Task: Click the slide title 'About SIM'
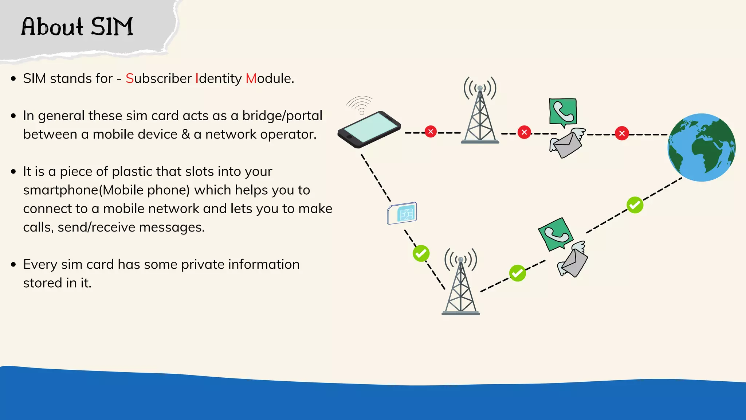point(77,27)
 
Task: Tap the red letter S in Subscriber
point(130,78)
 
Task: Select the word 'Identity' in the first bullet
point(219,79)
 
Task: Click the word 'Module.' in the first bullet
point(270,78)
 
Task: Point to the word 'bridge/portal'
point(282,116)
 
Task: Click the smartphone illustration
point(369,129)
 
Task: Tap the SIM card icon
point(402,213)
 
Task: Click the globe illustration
point(701,147)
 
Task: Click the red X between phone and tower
point(431,131)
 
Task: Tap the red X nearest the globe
point(622,133)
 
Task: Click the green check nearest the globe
point(635,205)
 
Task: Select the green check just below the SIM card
point(421,253)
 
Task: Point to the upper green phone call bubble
point(563,112)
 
